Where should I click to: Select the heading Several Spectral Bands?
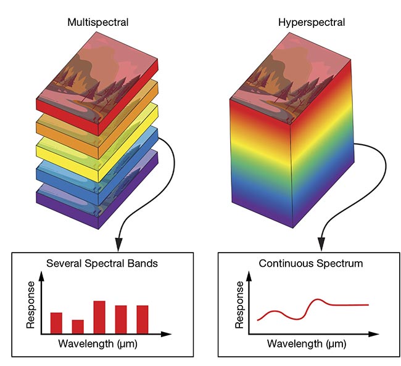coord(101,263)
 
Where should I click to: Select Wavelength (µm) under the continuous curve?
coord(302,344)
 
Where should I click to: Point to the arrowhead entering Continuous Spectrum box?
coord(321,242)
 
